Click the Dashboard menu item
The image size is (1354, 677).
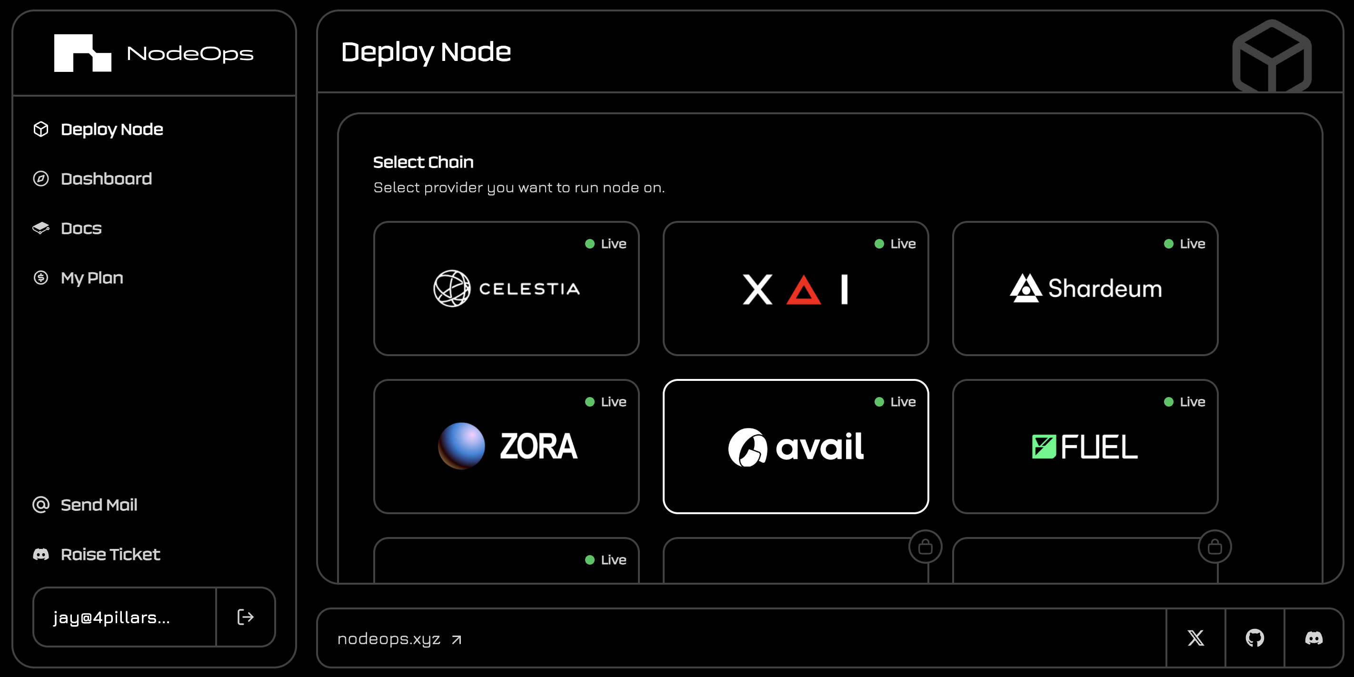[x=106, y=179]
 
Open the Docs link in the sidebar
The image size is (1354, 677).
[x=81, y=228]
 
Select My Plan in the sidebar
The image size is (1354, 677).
[x=91, y=278]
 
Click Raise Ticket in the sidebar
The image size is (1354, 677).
[x=110, y=554]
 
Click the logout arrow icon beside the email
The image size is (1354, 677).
[x=246, y=617]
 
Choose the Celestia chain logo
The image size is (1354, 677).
[x=451, y=289]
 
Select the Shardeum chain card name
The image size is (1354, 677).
[x=1105, y=289]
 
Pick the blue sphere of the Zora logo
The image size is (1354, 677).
[x=461, y=446]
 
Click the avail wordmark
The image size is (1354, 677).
[x=819, y=447]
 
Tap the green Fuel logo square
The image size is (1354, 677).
[x=1044, y=447]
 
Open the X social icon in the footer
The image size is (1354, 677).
[x=1195, y=638]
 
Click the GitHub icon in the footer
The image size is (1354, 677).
[x=1254, y=638]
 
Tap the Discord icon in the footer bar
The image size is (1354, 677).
[x=1314, y=638]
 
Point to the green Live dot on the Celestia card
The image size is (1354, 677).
[x=590, y=244]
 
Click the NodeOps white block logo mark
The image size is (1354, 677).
[x=82, y=53]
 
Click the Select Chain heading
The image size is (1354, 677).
[x=423, y=162]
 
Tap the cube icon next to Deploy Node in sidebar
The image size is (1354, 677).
[x=41, y=129]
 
